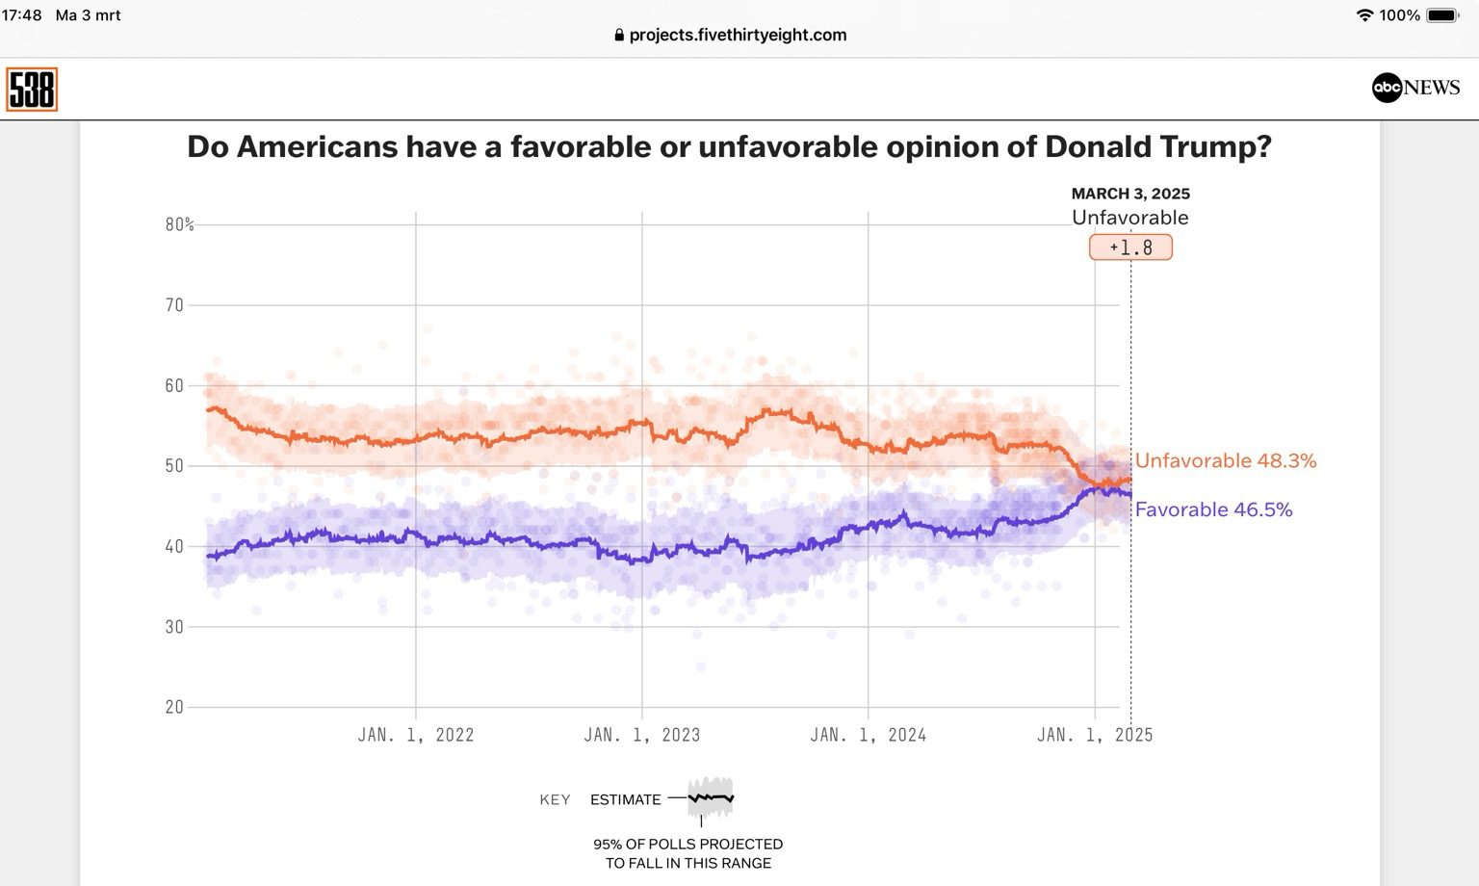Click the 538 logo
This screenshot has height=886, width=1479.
pos(32,90)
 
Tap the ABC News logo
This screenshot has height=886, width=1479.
pos(1415,88)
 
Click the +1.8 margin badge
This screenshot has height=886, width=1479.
pos(1130,248)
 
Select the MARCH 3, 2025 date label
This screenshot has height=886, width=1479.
pos(1130,194)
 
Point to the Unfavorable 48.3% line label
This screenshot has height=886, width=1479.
pos(1225,461)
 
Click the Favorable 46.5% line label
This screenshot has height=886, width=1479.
pos(1213,510)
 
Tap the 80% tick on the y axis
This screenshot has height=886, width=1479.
pos(179,224)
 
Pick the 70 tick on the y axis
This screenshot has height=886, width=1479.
pos(174,305)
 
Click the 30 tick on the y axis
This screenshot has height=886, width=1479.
pos(174,627)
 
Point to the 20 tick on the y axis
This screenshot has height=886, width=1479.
pos(174,707)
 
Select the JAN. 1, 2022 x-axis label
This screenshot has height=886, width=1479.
pos(416,735)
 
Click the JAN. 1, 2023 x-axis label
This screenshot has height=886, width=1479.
pos(642,735)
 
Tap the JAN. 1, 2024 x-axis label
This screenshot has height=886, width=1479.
pos(869,735)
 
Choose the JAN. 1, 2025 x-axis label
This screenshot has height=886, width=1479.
pos(1095,735)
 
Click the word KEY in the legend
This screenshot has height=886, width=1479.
pos(555,799)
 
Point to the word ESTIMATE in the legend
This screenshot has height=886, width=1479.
pos(625,799)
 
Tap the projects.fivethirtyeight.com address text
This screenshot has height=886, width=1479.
pos(738,35)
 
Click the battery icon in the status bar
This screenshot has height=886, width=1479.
pos(1442,15)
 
